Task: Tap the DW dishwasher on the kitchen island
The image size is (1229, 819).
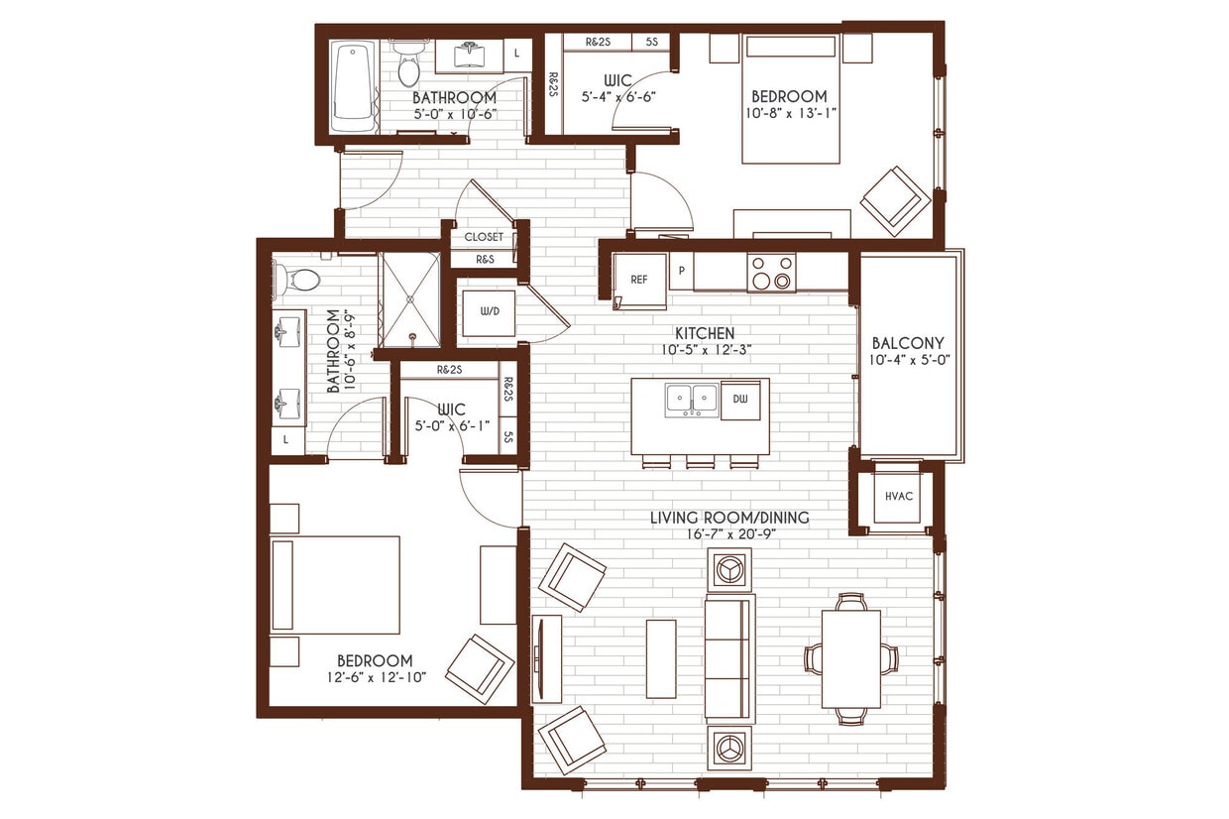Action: (x=739, y=399)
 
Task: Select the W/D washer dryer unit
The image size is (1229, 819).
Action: (x=490, y=312)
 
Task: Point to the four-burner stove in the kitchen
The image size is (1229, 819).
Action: (x=771, y=273)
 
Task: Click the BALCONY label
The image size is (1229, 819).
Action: (x=907, y=343)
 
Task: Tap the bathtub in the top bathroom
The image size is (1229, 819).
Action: (x=353, y=86)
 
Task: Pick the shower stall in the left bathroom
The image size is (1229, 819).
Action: (x=409, y=298)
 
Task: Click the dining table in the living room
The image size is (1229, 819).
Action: (x=850, y=658)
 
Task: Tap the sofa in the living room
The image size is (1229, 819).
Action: (x=729, y=657)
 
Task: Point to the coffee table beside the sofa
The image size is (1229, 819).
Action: (x=661, y=658)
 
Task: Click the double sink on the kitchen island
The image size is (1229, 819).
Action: (x=691, y=399)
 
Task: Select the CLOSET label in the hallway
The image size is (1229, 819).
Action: (x=484, y=237)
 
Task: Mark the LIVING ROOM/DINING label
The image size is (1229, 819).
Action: (x=728, y=517)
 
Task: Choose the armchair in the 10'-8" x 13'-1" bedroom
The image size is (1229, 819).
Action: (x=895, y=200)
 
